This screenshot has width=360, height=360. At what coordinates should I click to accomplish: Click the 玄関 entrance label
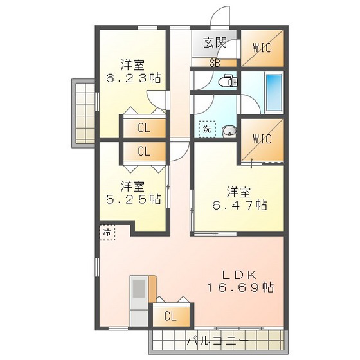coord(215,43)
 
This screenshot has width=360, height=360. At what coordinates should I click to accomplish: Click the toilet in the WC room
coord(228,82)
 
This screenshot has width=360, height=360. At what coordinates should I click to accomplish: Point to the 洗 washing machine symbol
coord(207,129)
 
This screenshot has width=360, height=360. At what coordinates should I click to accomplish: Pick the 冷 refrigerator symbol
coord(107,232)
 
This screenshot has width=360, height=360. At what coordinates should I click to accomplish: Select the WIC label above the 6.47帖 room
coord(262,139)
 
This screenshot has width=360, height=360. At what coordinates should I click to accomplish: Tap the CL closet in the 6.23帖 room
coord(143,127)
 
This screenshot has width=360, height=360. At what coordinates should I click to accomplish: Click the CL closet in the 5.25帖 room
coord(143,152)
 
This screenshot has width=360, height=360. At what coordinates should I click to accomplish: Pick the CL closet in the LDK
coord(170,316)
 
